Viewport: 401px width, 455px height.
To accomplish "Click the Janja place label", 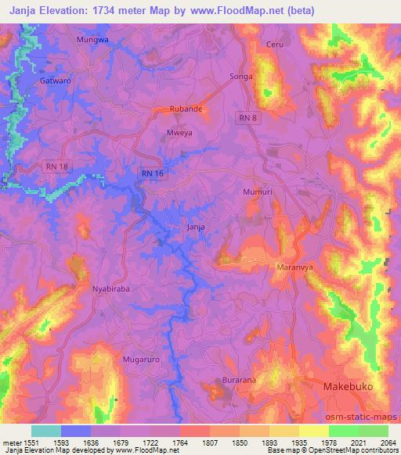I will [196, 227].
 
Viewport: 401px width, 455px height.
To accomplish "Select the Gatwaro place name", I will [55, 80].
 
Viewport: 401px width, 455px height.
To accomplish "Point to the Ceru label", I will [274, 45].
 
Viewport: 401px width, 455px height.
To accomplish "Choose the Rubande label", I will [187, 109].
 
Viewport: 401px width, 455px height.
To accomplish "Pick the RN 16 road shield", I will [153, 174].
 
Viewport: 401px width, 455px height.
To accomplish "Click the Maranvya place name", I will [295, 267].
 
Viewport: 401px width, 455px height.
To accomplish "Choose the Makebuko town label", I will [349, 387].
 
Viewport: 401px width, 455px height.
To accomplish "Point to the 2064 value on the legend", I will [388, 442].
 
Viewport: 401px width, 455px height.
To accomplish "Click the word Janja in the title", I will [26, 11].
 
